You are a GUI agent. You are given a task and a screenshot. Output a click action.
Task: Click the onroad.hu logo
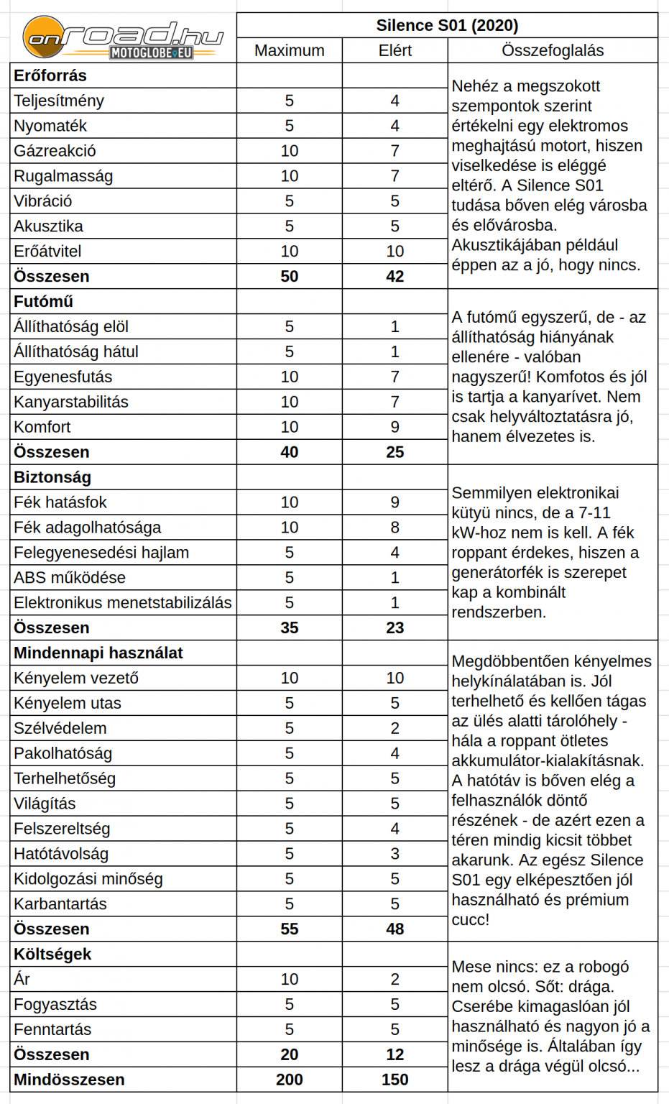coord(122,38)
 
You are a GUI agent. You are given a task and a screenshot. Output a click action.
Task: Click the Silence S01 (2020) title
coord(447,26)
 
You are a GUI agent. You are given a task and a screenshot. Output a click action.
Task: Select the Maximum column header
coord(289,51)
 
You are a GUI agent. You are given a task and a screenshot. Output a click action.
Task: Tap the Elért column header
coord(395,51)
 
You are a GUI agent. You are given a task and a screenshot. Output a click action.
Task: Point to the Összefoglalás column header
coord(552,51)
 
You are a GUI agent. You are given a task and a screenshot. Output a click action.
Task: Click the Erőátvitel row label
coord(47,252)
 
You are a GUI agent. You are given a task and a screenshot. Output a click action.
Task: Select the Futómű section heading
coord(43,302)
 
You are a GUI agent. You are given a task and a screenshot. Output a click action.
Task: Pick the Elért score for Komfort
coord(395,427)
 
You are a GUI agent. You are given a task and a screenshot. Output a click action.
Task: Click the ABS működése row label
coord(70,578)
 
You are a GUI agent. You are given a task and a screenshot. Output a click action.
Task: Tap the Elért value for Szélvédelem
coord(395,728)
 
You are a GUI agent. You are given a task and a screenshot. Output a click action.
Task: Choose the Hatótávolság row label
coord(61,854)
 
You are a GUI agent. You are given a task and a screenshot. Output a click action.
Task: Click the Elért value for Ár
coord(395,979)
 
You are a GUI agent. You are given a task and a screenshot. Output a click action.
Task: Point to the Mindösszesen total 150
coord(395,1080)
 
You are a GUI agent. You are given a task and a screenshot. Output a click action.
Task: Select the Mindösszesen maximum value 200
coord(289,1080)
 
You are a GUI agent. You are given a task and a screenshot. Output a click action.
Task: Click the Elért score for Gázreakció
coord(395,151)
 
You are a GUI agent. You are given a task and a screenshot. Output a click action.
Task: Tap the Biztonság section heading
coord(52,477)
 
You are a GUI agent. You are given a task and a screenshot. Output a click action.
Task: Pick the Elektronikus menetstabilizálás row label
coord(123,603)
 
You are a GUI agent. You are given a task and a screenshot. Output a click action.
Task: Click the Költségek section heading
coord(52,954)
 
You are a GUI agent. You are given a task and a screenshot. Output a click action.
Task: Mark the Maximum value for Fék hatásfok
coord(289,502)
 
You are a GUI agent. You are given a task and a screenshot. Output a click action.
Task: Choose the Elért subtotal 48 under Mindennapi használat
coord(395,929)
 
